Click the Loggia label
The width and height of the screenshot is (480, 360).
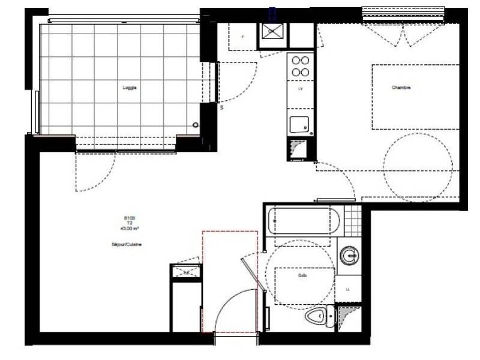[130, 88]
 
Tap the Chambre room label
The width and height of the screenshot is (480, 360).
[401, 88]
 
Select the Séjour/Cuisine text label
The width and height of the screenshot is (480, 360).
[127, 244]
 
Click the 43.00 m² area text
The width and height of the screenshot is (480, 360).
[130, 228]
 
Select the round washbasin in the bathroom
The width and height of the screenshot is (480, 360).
[349, 257]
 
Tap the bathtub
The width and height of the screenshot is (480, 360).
[299, 221]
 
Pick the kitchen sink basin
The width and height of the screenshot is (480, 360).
[300, 124]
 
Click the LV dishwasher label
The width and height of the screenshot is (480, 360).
[300, 89]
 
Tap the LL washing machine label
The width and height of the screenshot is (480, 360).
[348, 289]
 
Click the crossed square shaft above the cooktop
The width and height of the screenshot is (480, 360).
[274, 35]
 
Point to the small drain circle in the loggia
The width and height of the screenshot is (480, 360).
[195, 125]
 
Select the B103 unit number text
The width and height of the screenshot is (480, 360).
[130, 218]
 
